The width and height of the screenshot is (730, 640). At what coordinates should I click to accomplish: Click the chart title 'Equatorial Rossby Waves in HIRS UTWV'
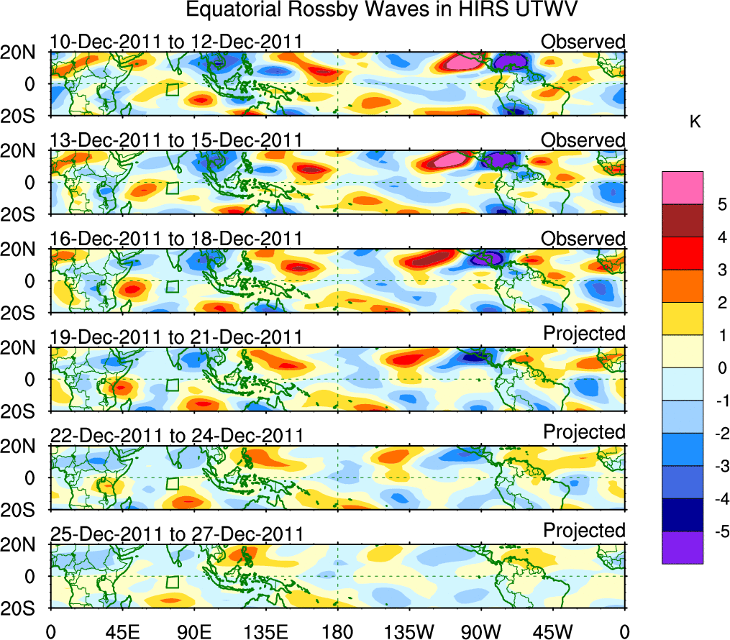pyautogui.click(x=383, y=10)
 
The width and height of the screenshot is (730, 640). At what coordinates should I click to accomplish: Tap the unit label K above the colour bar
pyautogui.click(x=695, y=123)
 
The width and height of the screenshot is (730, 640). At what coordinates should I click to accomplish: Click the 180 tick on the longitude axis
pyautogui.click(x=337, y=631)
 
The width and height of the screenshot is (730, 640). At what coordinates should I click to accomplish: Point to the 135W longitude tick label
pyautogui.click(x=409, y=631)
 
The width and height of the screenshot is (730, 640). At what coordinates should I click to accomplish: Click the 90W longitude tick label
pyautogui.click(x=481, y=631)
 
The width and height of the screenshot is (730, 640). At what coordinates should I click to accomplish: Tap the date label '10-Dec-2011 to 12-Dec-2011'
pyautogui.click(x=175, y=42)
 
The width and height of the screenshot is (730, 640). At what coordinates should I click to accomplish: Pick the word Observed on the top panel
pyautogui.click(x=583, y=42)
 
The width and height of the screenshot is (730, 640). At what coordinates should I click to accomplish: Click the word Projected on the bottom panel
pyautogui.click(x=584, y=531)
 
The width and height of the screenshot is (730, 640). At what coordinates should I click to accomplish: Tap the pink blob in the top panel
pyautogui.click(x=460, y=63)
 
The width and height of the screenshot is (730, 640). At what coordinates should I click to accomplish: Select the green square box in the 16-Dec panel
pyautogui.click(x=172, y=286)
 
